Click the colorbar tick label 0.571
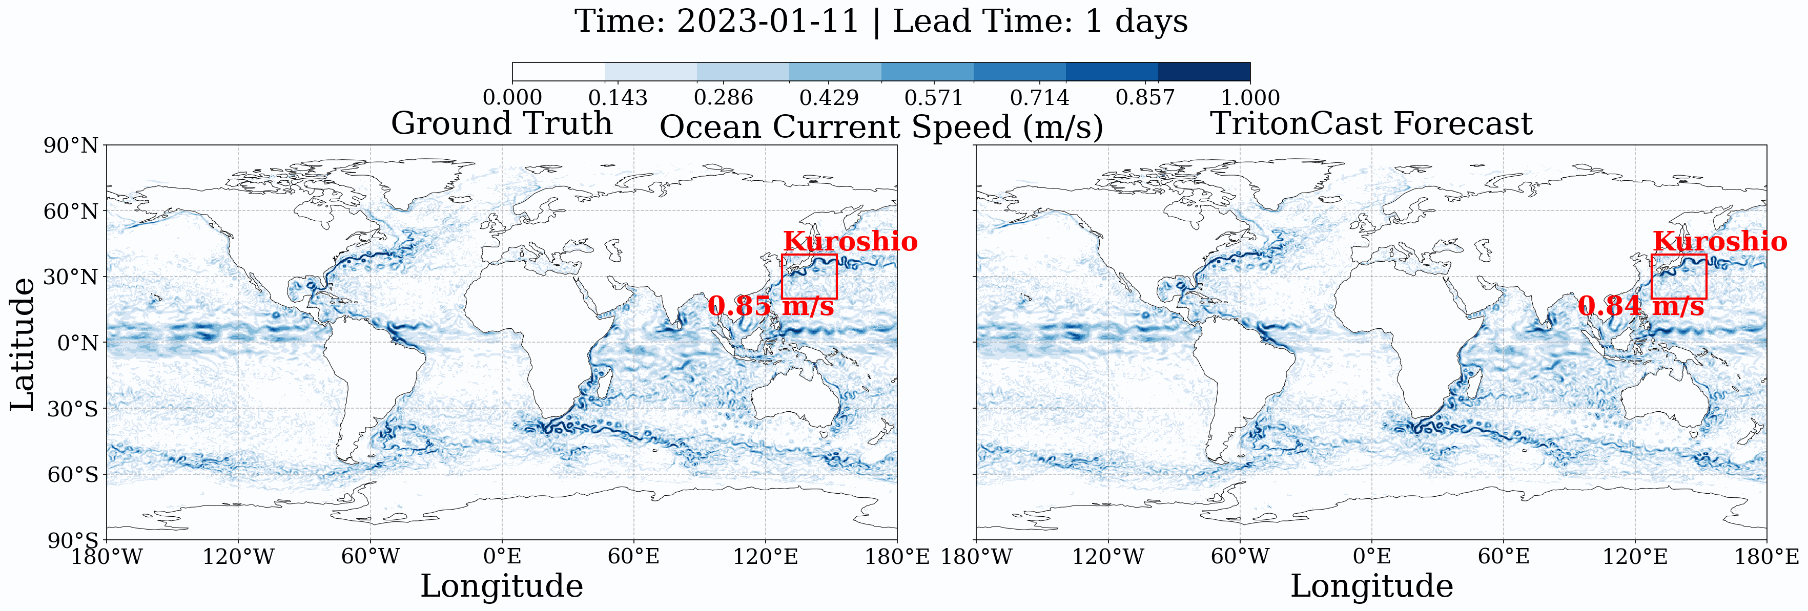pyautogui.click(x=934, y=97)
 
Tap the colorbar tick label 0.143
pyautogui.click(x=618, y=97)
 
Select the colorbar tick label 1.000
pyautogui.click(x=1250, y=97)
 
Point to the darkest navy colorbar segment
pyautogui.click(x=1204, y=72)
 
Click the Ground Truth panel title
pyautogui.click(x=501, y=123)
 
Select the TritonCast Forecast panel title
pyautogui.click(x=1371, y=123)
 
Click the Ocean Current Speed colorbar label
pyautogui.click(x=881, y=127)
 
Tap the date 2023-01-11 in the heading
pyautogui.click(x=768, y=21)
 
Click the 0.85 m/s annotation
pyautogui.click(x=771, y=306)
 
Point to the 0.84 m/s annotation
pyautogui.click(x=1641, y=306)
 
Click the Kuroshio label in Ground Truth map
pyautogui.click(x=850, y=241)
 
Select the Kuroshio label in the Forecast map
pyautogui.click(x=1719, y=241)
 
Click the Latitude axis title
pyautogui.click(x=23, y=344)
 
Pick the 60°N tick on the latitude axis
pyautogui.click(x=71, y=211)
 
